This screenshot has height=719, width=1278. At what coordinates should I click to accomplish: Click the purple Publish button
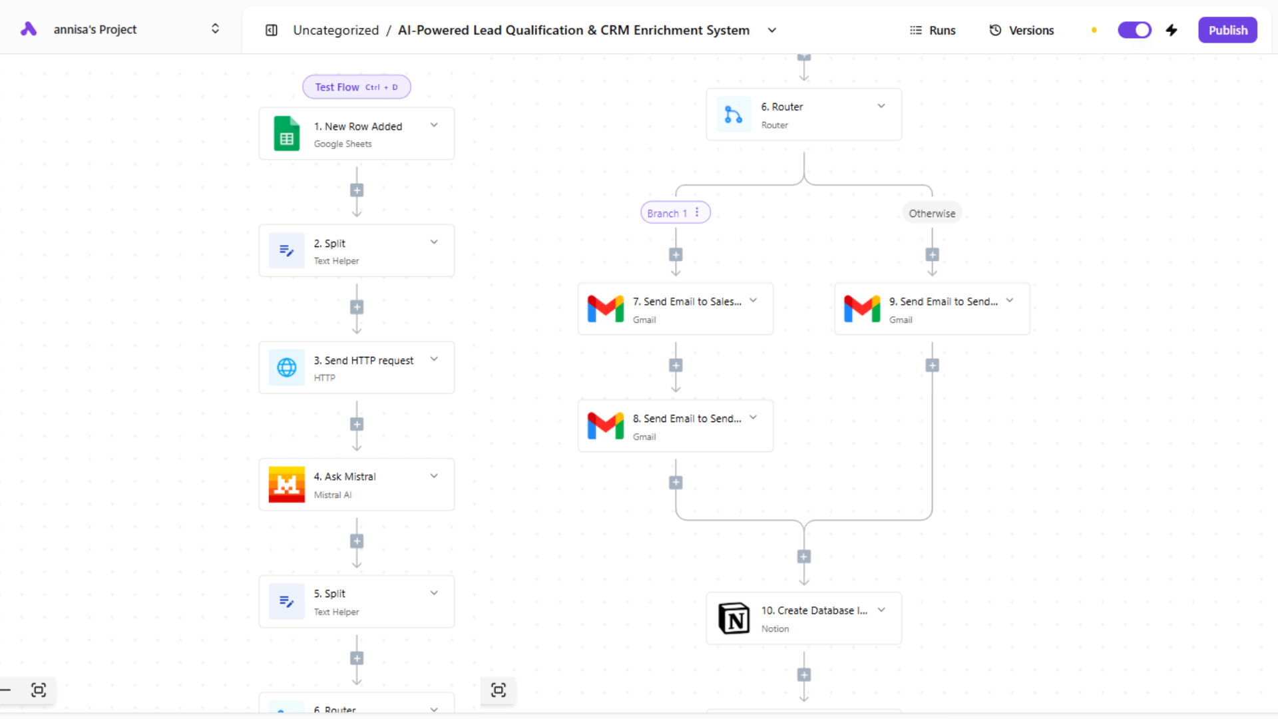1227,30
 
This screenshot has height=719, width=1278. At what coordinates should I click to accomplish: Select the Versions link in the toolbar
1022,30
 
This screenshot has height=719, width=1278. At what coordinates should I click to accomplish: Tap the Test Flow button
356,87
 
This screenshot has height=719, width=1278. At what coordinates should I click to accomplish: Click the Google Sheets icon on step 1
287,134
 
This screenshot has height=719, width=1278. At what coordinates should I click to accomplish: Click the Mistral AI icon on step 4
287,485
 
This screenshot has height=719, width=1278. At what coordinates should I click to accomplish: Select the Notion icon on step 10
734,618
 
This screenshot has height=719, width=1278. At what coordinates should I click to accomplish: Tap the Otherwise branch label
932,213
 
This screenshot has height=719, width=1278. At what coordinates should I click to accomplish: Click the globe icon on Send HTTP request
287,367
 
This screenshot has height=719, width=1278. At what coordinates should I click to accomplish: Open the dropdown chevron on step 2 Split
434,242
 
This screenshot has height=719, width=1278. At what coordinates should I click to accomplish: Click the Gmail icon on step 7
606,309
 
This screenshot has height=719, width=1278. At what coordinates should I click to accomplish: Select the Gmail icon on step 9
862,309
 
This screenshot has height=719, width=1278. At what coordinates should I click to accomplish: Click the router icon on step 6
734,115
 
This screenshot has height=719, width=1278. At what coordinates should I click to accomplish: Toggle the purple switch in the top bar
1134,30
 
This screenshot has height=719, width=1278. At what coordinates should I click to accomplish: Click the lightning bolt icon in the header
1172,30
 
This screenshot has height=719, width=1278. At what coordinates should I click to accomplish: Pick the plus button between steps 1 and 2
357,190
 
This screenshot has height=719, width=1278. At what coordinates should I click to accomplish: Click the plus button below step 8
676,483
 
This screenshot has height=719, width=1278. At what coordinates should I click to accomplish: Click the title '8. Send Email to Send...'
687,419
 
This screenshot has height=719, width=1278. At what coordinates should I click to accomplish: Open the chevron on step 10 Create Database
881,610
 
